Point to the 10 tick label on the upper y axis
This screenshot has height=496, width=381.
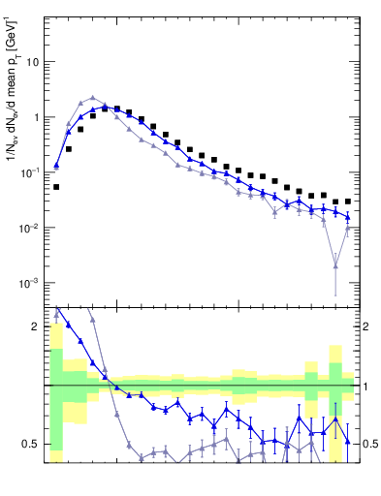click(x=34, y=62)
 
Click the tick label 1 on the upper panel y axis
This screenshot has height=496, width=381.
click(x=37, y=117)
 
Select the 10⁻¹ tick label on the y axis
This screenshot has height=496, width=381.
click(x=32, y=172)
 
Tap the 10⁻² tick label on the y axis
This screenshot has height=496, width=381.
click(x=32, y=228)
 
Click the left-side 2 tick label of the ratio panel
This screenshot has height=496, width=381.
click(x=37, y=326)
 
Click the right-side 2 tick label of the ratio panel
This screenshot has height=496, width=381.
click(x=366, y=326)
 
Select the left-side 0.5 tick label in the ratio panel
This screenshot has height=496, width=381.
click(x=32, y=444)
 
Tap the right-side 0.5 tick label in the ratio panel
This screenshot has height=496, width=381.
click(x=370, y=444)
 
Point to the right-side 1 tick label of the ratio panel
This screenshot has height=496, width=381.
click(x=366, y=386)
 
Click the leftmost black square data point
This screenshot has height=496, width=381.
click(x=56, y=187)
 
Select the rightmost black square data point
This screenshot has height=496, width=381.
click(x=348, y=201)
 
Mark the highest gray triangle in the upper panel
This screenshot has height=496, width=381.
click(x=92, y=98)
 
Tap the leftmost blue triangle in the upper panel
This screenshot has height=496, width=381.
click(x=56, y=166)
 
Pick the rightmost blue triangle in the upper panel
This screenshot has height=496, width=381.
click(x=348, y=216)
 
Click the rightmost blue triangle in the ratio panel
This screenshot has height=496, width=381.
click(x=348, y=441)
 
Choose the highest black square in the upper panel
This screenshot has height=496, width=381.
click(x=105, y=108)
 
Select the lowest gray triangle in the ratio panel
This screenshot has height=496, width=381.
click(x=142, y=457)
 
